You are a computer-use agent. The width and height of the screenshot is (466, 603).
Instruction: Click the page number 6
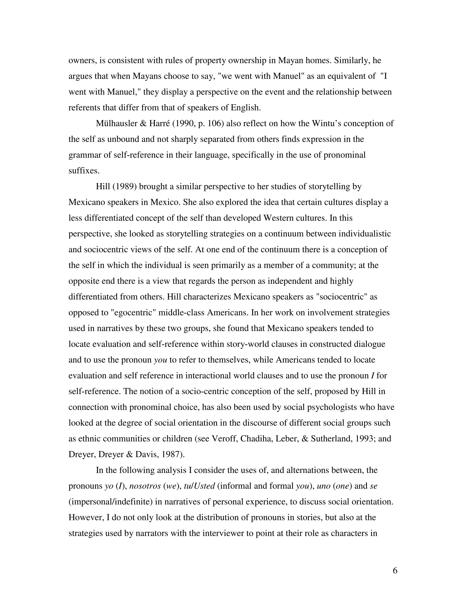[395, 570]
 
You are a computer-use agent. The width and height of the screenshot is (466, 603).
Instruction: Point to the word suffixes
[84, 171]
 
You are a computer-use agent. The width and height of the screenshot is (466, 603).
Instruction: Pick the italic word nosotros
[145, 486]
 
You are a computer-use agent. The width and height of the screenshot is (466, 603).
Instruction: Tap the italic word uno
[324, 486]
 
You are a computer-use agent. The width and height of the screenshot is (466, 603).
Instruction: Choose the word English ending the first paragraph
[246, 108]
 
